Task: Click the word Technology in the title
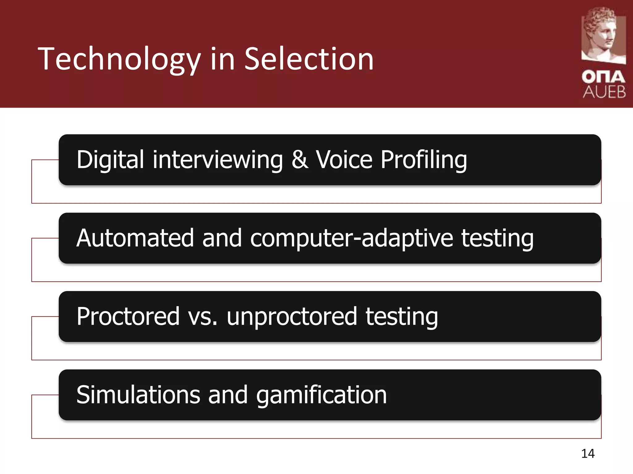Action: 119,59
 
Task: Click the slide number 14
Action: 588,454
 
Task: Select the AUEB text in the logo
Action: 604,92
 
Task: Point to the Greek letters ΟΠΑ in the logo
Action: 603,77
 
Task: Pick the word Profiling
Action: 423,160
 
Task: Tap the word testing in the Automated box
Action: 497,238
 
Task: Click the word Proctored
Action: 128,316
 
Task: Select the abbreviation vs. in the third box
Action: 202,317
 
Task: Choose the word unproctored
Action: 292,317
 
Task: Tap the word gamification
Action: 321,395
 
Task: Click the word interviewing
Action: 218,160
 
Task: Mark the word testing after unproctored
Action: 401,317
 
